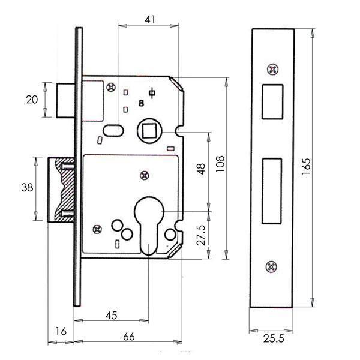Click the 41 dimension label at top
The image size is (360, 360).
(x=150, y=20)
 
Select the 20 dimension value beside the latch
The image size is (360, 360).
(x=32, y=100)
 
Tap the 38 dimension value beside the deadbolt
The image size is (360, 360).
(x=27, y=187)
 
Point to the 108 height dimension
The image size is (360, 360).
(x=220, y=164)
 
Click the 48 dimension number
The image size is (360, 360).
(x=201, y=169)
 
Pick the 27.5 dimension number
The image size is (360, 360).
(x=201, y=235)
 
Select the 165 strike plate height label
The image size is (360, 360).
(x=306, y=167)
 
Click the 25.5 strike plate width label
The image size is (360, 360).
(x=274, y=338)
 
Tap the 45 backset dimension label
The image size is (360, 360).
(x=112, y=316)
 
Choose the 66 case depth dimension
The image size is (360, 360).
(x=129, y=337)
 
